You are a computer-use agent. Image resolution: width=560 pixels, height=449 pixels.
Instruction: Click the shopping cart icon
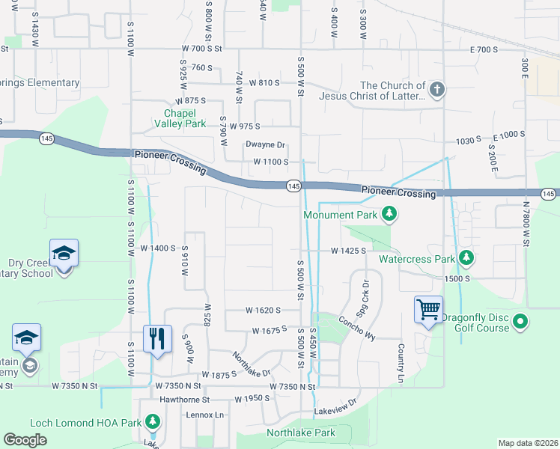point(429,308)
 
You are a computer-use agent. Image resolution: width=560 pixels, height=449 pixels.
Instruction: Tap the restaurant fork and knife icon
point(158,338)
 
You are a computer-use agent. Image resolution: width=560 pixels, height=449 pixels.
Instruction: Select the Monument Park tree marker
point(389,215)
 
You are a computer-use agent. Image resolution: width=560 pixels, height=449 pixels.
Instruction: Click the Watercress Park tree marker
point(466,258)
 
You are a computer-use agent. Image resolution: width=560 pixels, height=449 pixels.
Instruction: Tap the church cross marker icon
point(437,90)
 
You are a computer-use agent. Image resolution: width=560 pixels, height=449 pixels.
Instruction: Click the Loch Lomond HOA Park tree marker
point(153,422)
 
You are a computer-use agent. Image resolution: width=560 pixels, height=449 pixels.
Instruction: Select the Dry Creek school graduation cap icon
point(64,252)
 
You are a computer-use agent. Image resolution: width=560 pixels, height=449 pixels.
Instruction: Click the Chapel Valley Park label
point(180,118)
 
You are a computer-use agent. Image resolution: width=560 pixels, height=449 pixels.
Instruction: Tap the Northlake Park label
point(301,433)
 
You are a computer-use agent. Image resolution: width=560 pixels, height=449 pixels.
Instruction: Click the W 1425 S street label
point(348,251)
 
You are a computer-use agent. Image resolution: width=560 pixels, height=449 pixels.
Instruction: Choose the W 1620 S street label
point(262,310)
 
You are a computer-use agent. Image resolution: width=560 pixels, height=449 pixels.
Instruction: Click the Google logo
point(25,440)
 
